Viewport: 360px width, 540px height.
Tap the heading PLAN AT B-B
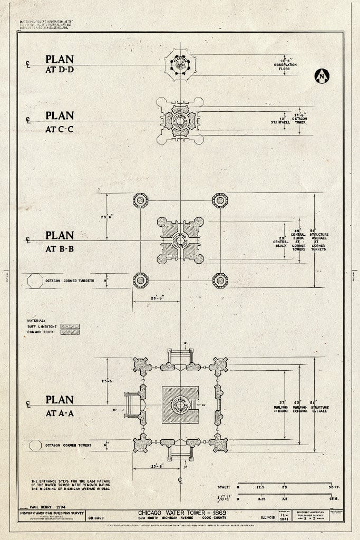click(x=59, y=240)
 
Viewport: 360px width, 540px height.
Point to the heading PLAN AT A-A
click(x=59, y=406)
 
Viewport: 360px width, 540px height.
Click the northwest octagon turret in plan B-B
click(x=140, y=200)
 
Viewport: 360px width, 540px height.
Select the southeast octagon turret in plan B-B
click(x=220, y=280)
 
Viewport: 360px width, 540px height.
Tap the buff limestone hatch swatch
click(x=70, y=326)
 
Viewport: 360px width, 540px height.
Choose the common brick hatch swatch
click(x=70, y=332)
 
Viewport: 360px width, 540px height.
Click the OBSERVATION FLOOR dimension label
click(x=285, y=66)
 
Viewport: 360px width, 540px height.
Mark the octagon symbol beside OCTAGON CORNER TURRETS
click(x=35, y=281)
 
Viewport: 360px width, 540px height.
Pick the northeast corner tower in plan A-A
click(x=218, y=366)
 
